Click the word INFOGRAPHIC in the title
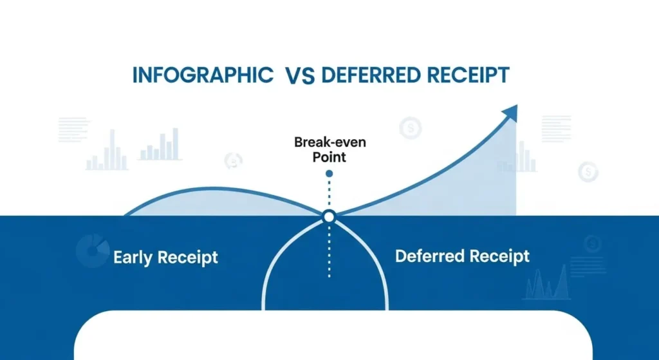point(202,75)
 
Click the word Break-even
point(328,141)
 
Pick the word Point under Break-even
point(329,156)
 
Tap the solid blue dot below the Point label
point(329,173)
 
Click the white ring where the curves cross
point(329,217)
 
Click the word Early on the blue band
point(134,258)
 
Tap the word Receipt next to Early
point(189,258)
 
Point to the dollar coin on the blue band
point(593,243)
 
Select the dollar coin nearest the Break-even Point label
point(409,128)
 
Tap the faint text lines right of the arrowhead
point(556,129)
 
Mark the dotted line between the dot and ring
point(329,193)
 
